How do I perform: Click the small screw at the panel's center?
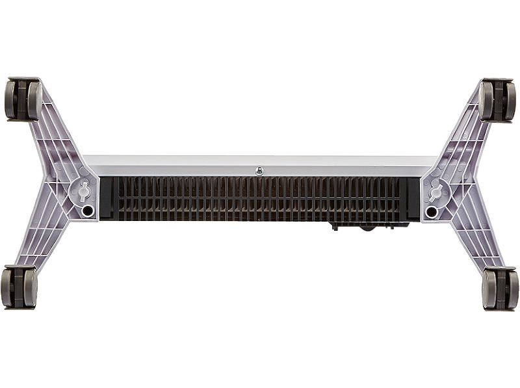pyautogui.click(x=259, y=171)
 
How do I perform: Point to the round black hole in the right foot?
pyautogui.click(x=431, y=211)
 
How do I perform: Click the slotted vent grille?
pyautogui.click(x=260, y=198)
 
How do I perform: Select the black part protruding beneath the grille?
pyautogui.click(x=364, y=227)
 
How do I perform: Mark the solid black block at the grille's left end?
pyautogui.click(x=107, y=198)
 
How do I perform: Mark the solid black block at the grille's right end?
pyautogui.click(x=411, y=198)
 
